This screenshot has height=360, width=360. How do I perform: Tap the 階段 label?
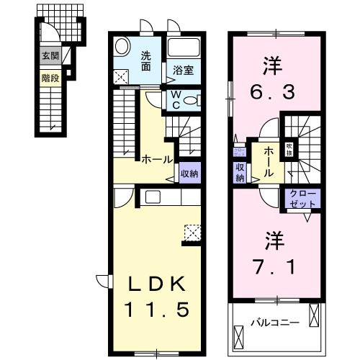50,74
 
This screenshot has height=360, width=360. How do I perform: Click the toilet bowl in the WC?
189,102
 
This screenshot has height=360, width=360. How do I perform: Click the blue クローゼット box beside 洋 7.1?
302,197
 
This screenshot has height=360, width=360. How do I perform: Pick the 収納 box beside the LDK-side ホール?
190,173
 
